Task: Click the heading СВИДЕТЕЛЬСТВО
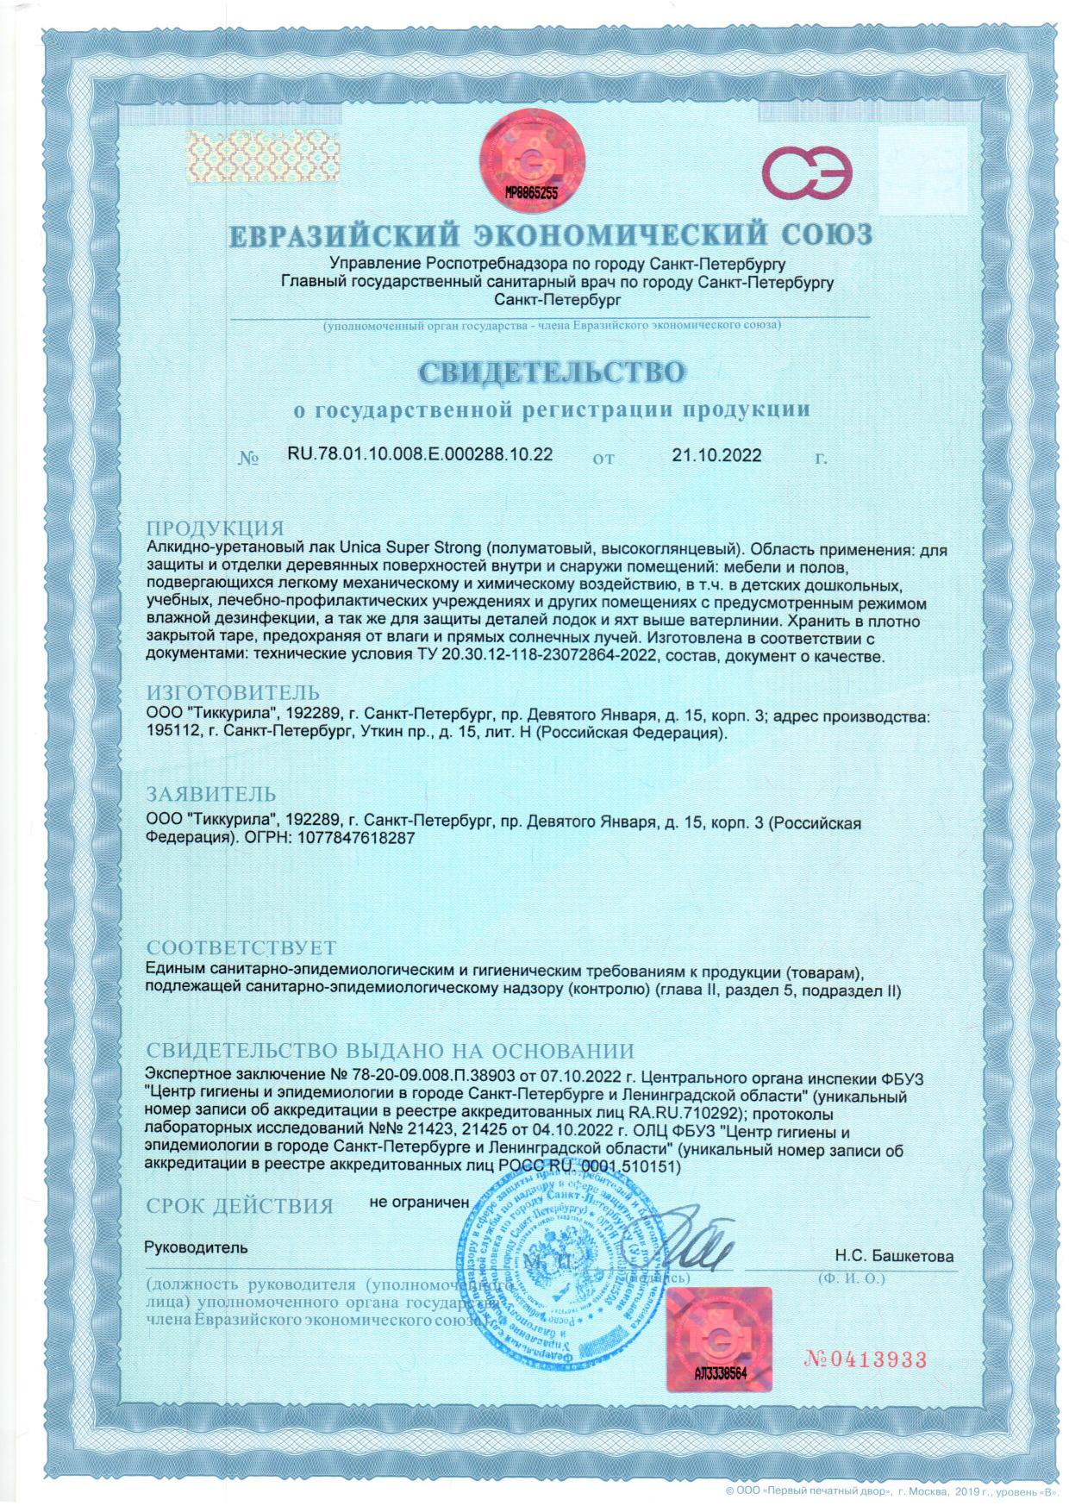pos(552,372)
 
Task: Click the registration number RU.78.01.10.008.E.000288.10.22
pos(419,454)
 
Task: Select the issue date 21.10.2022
pos(716,455)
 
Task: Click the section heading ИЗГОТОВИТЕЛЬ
pos(233,693)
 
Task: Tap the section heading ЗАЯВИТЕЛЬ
pos(211,794)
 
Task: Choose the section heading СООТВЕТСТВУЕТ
pos(241,950)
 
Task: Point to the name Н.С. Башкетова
pos(894,1256)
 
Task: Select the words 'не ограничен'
pos(419,1201)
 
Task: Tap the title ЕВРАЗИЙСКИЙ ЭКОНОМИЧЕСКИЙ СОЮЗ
pos(551,234)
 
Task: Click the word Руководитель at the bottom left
pos(196,1247)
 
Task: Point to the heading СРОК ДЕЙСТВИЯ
pos(239,1206)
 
